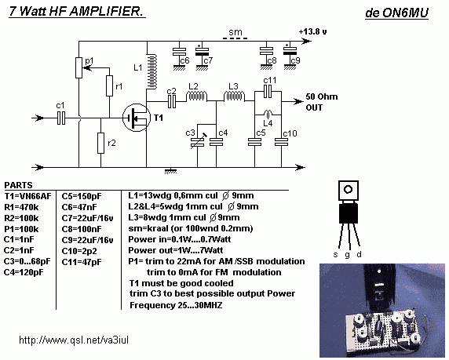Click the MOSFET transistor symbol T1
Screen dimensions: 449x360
pyautogui.click(x=137, y=118)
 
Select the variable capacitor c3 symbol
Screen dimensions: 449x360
pyautogui.click(x=197, y=141)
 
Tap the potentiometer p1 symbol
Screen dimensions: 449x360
pyautogui.click(x=79, y=67)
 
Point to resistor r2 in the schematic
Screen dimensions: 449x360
pyautogui.click(x=100, y=143)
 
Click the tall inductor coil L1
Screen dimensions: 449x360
pyautogui.click(x=151, y=71)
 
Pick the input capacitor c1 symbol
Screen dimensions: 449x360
pyautogui.click(x=61, y=118)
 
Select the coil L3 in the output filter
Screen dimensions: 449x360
pyautogui.click(x=234, y=96)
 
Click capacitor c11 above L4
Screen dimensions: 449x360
pyautogui.click(x=268, y=92)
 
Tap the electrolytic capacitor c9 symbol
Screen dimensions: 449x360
pyautogui.click(x=290, y=51)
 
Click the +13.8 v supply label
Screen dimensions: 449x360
pyautogui.click(x=312, y=31)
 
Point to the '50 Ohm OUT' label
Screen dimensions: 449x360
pyautogui.click(x=322, y=102)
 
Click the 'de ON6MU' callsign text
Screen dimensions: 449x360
pyautogui.click(x=396, y=13)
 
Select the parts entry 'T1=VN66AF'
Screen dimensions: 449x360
pyautogui.click(x=27, y=196)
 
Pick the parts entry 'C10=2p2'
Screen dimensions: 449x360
pyautogui.click(x=79, y=251)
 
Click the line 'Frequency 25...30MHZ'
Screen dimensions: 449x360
pyautogui.click(x=176, y=305)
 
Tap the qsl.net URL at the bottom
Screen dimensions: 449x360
pyautogui.click(x=74, y=340)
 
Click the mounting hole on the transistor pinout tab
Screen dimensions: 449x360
pyautogui.click(x=349, y=190)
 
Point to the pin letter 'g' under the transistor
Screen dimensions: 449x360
pyautogui.click(x=347, y=255)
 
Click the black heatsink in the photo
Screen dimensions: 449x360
pyautogui.click(x=379, y=286)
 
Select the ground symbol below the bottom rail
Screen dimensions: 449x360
pyautogui.click(x=170, y=171)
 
